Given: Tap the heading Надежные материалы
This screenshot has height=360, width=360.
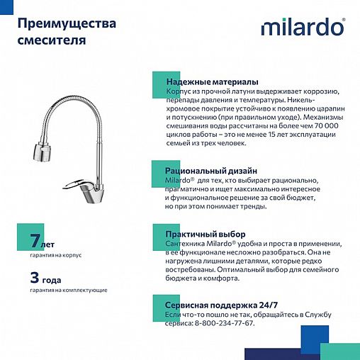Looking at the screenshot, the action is pos(212,82).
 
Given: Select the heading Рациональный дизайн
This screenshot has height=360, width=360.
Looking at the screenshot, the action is pos(211,171).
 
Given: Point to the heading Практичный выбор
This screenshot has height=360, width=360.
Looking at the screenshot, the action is pos(206,234).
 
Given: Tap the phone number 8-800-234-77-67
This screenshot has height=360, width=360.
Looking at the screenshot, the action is pos(219,323).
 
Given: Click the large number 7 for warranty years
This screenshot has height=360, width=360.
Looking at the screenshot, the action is pos(34,242).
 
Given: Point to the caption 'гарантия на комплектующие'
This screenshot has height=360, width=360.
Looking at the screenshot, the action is pos(68,291).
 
